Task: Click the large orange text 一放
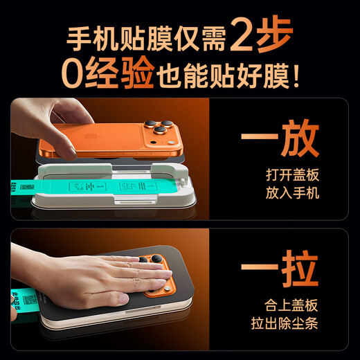(x=280, y=142)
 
